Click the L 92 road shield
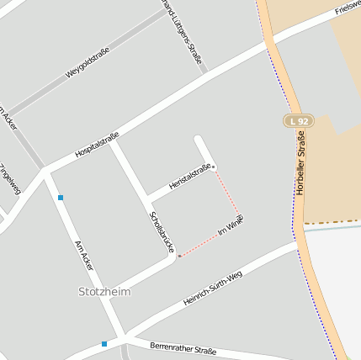(x=298, y=121)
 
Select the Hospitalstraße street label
(x=97, y=145)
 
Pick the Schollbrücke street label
(x=161, y=231)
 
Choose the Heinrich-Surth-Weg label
(x=212, y=289)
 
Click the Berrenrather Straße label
(x=183, y=348)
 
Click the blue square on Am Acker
(x=61, y=198)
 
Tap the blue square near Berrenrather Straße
(x=104, y=343)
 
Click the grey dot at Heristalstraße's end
(x=214, y=167)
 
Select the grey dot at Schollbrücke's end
(x=179, y=256)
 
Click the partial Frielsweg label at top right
(x=348, y=9)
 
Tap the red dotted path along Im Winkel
(x=202, y=245)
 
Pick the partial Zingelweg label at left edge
(x=9, y=177)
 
